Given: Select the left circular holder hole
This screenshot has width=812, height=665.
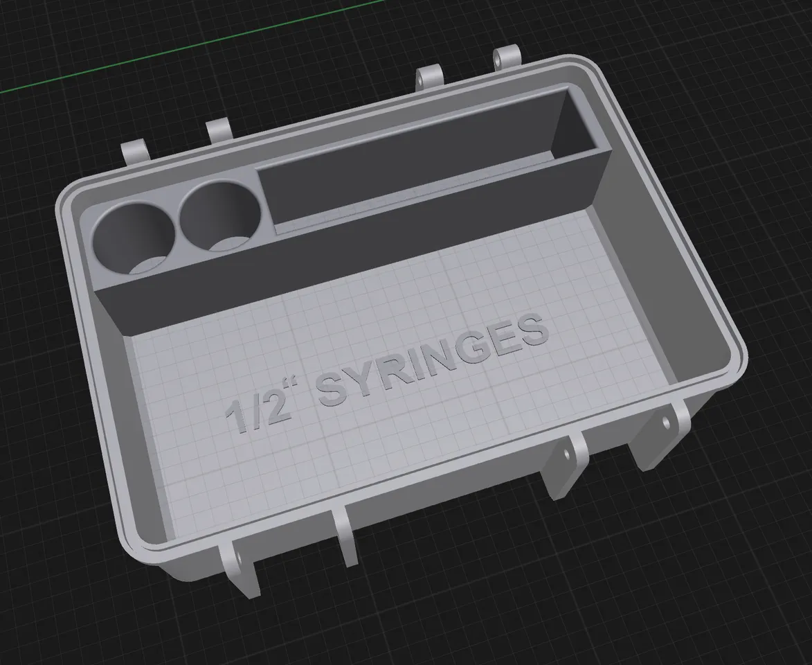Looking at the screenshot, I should click(132, 239).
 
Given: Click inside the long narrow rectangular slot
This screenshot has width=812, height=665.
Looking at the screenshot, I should click(429, 166).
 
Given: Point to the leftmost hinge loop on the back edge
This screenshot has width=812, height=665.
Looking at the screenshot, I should click(134, 152).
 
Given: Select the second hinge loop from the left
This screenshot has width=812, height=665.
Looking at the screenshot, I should click(219, 130).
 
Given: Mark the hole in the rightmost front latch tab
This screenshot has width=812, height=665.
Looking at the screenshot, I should click(666, 420).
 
